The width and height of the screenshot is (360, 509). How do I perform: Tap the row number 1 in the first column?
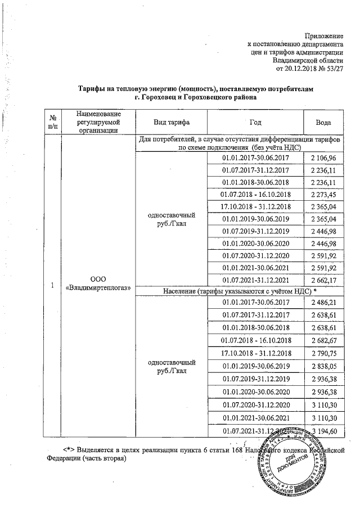pyautogui.click(x=52, y=285)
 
